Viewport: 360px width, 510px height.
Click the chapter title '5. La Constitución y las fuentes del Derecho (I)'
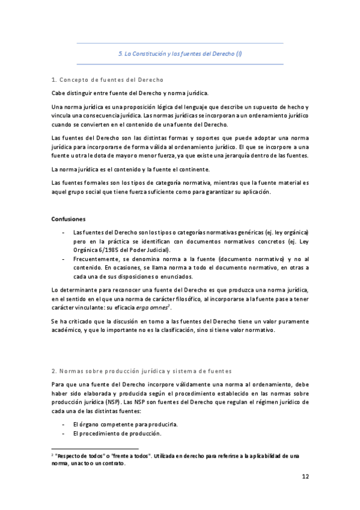(x=180, y=54)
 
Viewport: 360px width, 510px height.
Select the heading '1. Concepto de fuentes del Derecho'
(x=108, y=79)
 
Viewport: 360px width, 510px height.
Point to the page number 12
(x=305, y=477)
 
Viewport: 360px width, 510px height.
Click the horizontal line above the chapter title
(x=180, y=43)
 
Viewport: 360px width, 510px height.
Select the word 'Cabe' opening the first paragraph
(x=59, y=93)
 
